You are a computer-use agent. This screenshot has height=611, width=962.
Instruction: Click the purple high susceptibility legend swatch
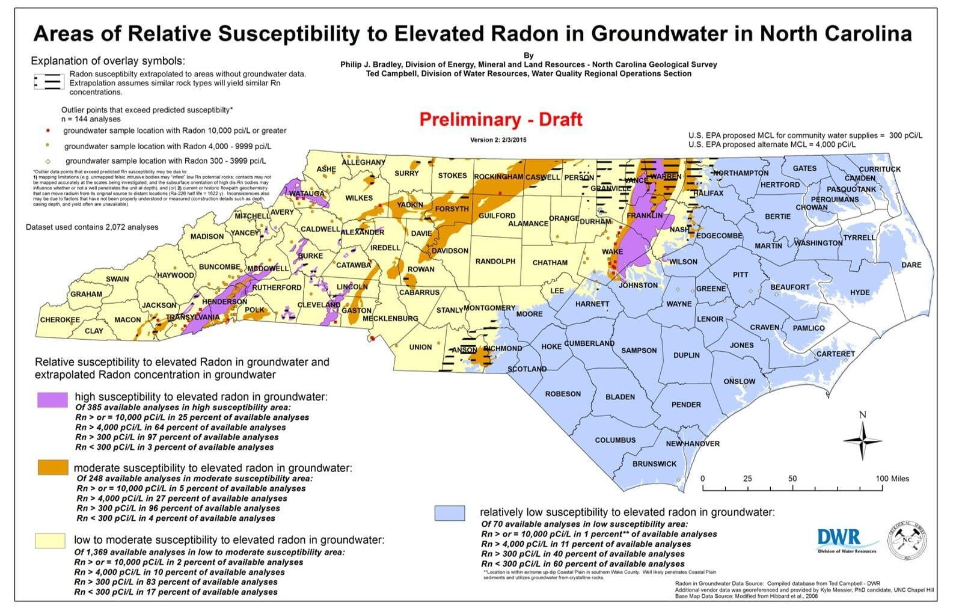click(x=52, y=400)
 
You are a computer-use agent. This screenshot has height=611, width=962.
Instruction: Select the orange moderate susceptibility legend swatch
click(x=52, y=467)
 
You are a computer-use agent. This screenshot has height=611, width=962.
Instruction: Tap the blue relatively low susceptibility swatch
click(x=450, y=512)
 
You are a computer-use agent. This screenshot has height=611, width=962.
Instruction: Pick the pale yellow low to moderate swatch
click(x=50, y=539)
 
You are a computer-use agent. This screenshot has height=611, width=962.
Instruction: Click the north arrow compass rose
click(x=862, y=440)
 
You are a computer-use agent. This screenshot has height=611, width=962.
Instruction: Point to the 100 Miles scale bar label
click(x=892, y=479)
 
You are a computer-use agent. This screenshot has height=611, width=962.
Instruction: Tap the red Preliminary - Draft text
click(x=500, y=119)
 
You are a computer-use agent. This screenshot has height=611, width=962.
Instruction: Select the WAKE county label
click(x=612, y=251)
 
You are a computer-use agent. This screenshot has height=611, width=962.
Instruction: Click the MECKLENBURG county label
click(x=390, y=318)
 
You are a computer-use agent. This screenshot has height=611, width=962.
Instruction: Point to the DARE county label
click(x=911, y=265)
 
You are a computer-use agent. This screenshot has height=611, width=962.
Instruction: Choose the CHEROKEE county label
click(x=60, y=319)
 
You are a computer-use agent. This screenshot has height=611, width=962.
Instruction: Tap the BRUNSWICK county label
click(x=654, y=464)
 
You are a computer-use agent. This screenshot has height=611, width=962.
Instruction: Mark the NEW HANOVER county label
click(x=692, y=444)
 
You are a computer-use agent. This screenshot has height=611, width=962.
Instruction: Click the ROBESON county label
click(x=563, y=394)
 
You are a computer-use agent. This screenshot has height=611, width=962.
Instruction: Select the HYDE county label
click(x=860, y=292)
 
